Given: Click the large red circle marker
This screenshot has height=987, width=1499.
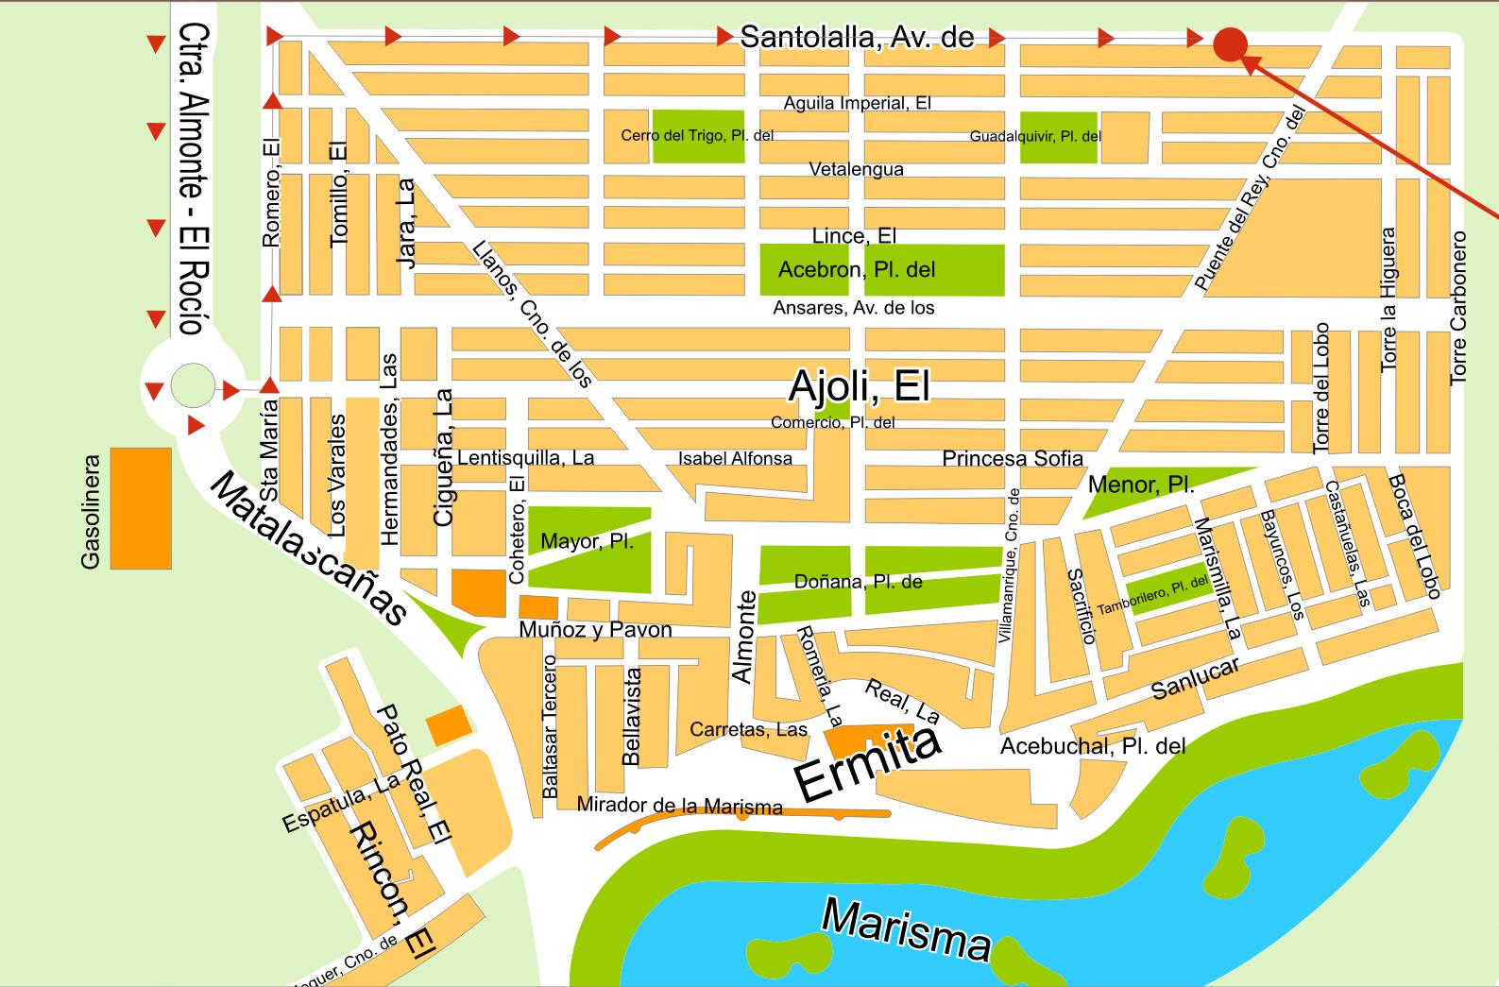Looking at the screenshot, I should pos(1231,44).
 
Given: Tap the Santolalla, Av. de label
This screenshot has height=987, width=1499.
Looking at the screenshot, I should pos(856,37).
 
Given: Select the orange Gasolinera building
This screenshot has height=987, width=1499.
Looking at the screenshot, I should pos(141,508).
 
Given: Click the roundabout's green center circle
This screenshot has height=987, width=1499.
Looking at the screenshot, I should pos(192,385).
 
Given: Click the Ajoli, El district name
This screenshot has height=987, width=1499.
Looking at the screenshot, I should pos(859,385).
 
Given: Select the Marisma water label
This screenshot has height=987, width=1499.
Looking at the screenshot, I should pos(905,929).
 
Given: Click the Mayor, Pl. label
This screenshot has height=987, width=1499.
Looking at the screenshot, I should pos(587,541).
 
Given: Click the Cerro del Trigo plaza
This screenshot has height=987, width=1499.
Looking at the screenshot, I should pos(697,136).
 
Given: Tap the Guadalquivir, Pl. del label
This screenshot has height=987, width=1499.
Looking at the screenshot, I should pos(1035,136).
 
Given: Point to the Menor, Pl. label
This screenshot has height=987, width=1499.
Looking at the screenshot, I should pos(1141,485).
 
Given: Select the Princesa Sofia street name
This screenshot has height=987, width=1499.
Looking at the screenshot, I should pos(1012,458).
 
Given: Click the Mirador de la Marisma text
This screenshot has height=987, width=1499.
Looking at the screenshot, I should pos(679,806).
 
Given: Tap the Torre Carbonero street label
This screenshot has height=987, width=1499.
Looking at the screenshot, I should pos(1457,308).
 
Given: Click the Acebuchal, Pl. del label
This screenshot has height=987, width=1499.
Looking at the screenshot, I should pos(1092,746).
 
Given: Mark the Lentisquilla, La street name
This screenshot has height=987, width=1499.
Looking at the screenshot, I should pos(525,458).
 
